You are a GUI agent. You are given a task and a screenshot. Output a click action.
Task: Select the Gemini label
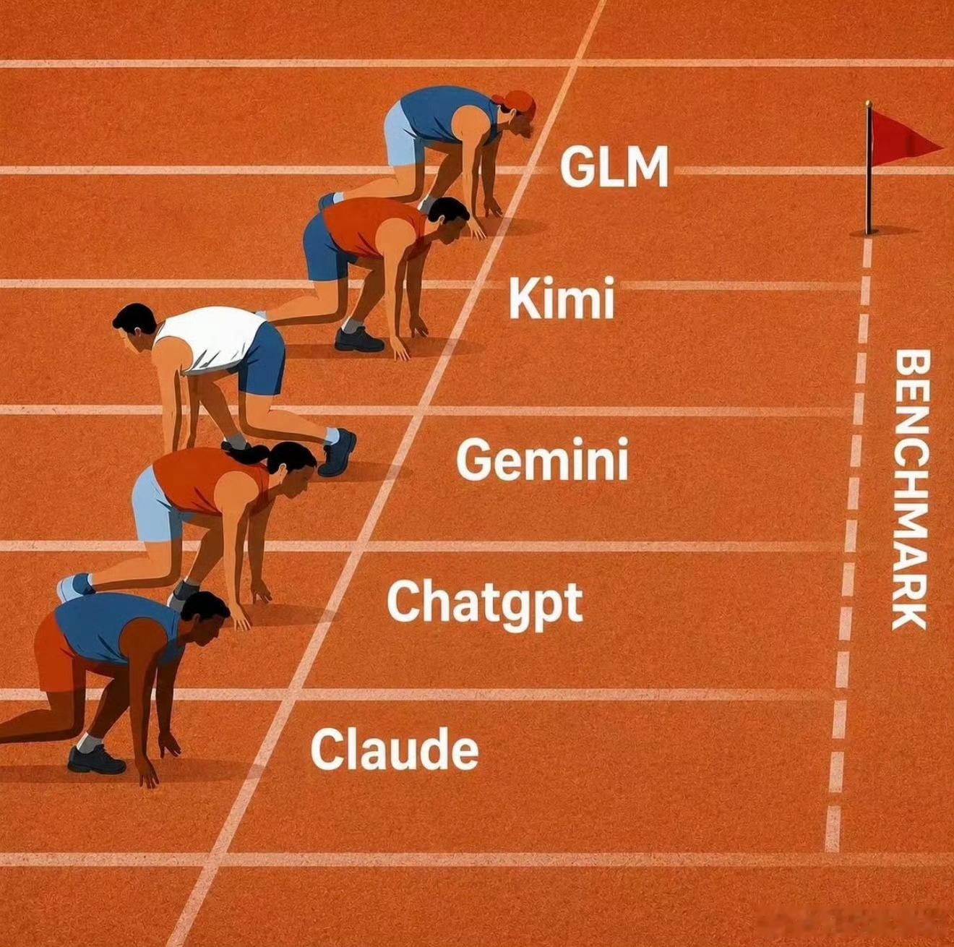(542, 458)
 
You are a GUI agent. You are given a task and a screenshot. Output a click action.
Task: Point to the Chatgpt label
(484, 602)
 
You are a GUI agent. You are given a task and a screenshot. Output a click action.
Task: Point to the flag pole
(868, 167)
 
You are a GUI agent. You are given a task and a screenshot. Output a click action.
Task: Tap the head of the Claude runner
(205, 620)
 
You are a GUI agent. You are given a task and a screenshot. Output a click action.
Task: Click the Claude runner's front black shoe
(96, 760)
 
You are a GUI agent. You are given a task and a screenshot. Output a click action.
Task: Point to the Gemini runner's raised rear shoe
(337, 452)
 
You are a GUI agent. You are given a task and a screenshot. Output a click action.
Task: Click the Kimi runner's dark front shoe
(359, 340)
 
